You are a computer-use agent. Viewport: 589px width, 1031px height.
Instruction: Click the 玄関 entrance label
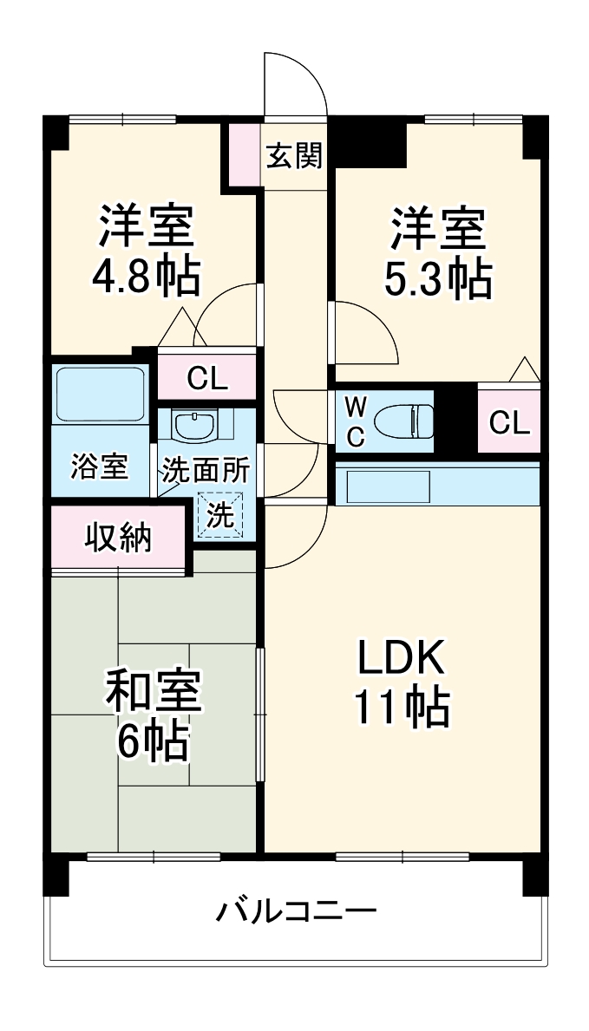tap(293, 157)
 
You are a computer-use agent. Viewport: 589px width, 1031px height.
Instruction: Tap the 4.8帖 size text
tap(147, 277)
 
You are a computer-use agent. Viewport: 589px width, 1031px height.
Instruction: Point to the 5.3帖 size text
tap(438, 279)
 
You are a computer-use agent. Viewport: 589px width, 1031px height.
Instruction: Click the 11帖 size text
tap(401, 709)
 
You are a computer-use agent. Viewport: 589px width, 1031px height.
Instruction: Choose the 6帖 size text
tap(153, 741)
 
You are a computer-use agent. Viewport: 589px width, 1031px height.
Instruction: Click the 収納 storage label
tap(118, 538)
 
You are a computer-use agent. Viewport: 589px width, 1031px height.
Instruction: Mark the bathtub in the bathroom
tap(98, 395)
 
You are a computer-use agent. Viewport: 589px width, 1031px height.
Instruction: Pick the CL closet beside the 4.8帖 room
tap(206, 378)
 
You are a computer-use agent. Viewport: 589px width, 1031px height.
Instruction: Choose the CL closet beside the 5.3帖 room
tap(508, 422)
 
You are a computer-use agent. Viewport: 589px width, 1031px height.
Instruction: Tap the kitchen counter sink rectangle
tap(384, 487)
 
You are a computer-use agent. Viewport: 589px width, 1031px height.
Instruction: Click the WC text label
tap(356, 421)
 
